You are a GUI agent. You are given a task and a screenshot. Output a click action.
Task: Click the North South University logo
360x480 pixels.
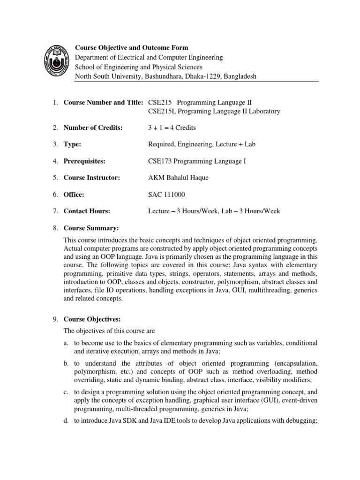click(56, 61)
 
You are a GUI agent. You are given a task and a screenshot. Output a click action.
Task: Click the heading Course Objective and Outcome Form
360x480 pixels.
click(132, 48)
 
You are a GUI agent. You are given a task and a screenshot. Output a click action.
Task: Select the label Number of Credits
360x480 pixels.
click(93, 128)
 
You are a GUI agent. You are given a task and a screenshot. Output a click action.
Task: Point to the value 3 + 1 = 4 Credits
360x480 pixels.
click(172, 128)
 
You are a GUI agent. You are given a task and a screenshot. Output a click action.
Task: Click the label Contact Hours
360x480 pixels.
click(87, 211)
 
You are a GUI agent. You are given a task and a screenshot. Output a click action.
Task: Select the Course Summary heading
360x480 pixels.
click(91, 228)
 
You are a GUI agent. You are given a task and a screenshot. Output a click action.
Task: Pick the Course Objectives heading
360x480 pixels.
click(93, 319)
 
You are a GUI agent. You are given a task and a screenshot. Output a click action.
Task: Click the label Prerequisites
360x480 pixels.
click(84, 161)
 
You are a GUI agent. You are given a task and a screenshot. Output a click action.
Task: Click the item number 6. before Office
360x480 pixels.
click(55, 195)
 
